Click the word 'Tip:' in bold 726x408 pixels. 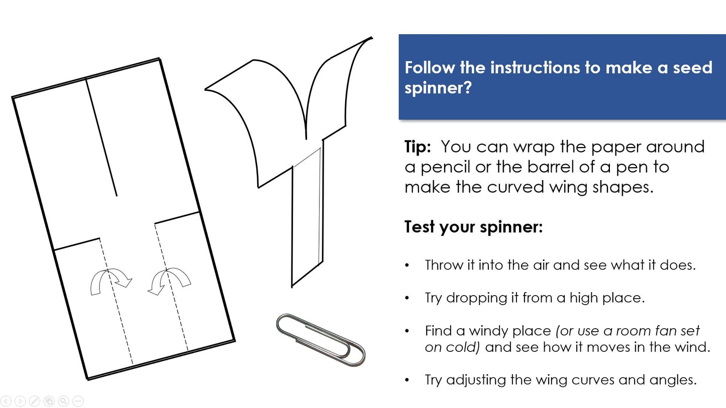click(418, 147)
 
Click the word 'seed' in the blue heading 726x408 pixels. click(693, 68)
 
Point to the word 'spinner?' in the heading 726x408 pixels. click(438, 88)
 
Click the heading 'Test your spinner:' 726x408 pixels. click(473, 227)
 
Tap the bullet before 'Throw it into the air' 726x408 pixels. click(407, 265)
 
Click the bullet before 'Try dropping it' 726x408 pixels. click(407, 298)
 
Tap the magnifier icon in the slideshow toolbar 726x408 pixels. click(63, 401)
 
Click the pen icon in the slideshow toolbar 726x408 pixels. click(35, 401)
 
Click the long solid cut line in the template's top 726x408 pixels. click(101, 137)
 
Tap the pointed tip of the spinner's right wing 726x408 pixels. click(372, 38)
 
